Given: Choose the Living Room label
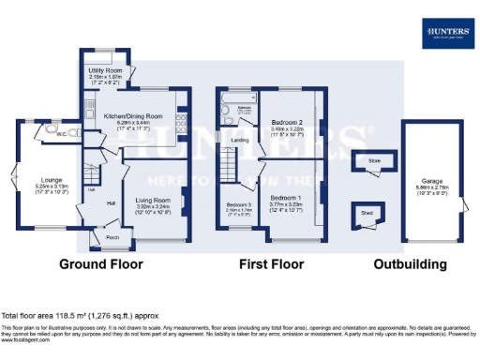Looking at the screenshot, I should pyautogui.click(x=152, y=200).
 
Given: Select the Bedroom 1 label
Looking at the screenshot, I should pyautogui.click(x=287, y=198).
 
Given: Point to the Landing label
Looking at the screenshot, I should pyautogui.click(x=240, y=141).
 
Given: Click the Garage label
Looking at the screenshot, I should pyautogui.click(x=432, y=181).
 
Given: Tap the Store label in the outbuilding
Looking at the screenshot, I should pyautogui.click(x=375, y=161).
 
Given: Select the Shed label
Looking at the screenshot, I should pyautogui.click(x=366, y=212).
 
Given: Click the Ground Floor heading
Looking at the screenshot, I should pyautogui.click(x=101, y=264).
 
